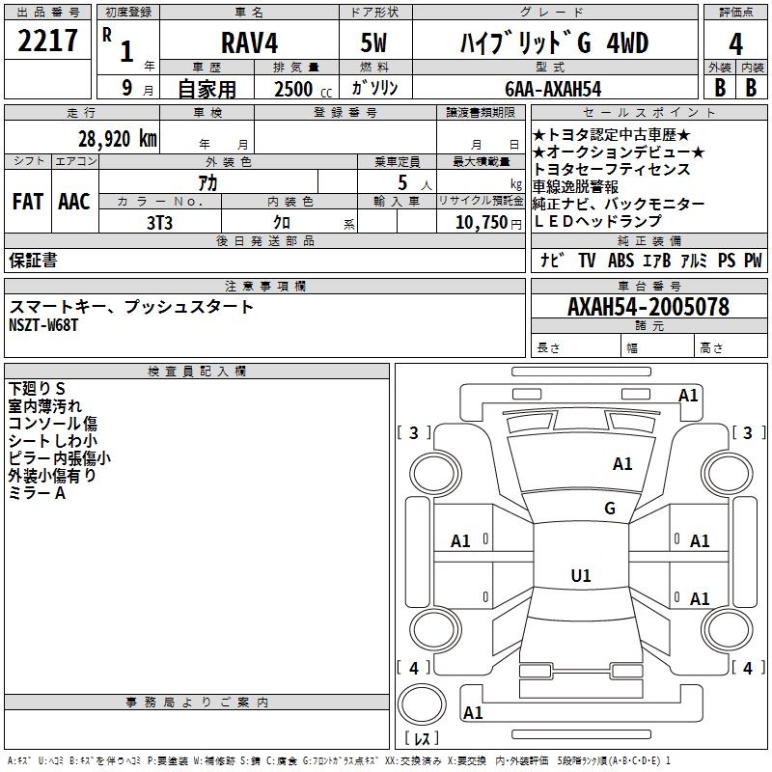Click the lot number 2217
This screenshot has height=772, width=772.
(x=48, y=41)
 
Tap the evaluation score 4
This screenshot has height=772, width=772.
(x=735, y=44)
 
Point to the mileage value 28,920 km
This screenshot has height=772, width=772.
(x=117, y=138)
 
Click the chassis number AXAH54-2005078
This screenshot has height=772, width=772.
(x=648, y=307)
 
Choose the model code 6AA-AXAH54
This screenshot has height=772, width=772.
(x=553, y=89)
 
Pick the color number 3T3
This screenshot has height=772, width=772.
(x=159, y=222)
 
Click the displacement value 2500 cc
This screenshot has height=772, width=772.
(x=300, y=89)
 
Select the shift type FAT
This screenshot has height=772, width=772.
(x=28, y=202)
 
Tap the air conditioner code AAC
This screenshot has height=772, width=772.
(x=74, y=202)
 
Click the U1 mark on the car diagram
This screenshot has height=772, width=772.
(x=580, y=576)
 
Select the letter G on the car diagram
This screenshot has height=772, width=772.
(x=609, y=509)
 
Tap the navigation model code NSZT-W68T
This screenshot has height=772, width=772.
(x=43, y=325)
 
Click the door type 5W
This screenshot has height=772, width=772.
(x=375, y=44)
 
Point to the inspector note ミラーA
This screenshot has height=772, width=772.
(x=37, y=493)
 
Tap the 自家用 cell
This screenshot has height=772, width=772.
(x=207, y=89)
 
